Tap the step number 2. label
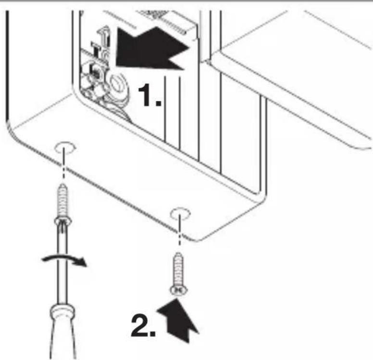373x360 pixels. (x=143, y=325)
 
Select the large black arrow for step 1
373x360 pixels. (x=152, y=49)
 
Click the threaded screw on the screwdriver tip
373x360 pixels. (x=63, y=205)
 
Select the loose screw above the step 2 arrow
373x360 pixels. (x=179, y=273)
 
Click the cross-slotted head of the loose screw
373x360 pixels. (x=179, y=290)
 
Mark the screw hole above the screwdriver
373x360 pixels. (x=65, y=148)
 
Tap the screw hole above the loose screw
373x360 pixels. (x=180, y=213)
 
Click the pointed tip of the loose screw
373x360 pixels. (x=179, y=253)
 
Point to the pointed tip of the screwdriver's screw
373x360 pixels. (x=63, y=184)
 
